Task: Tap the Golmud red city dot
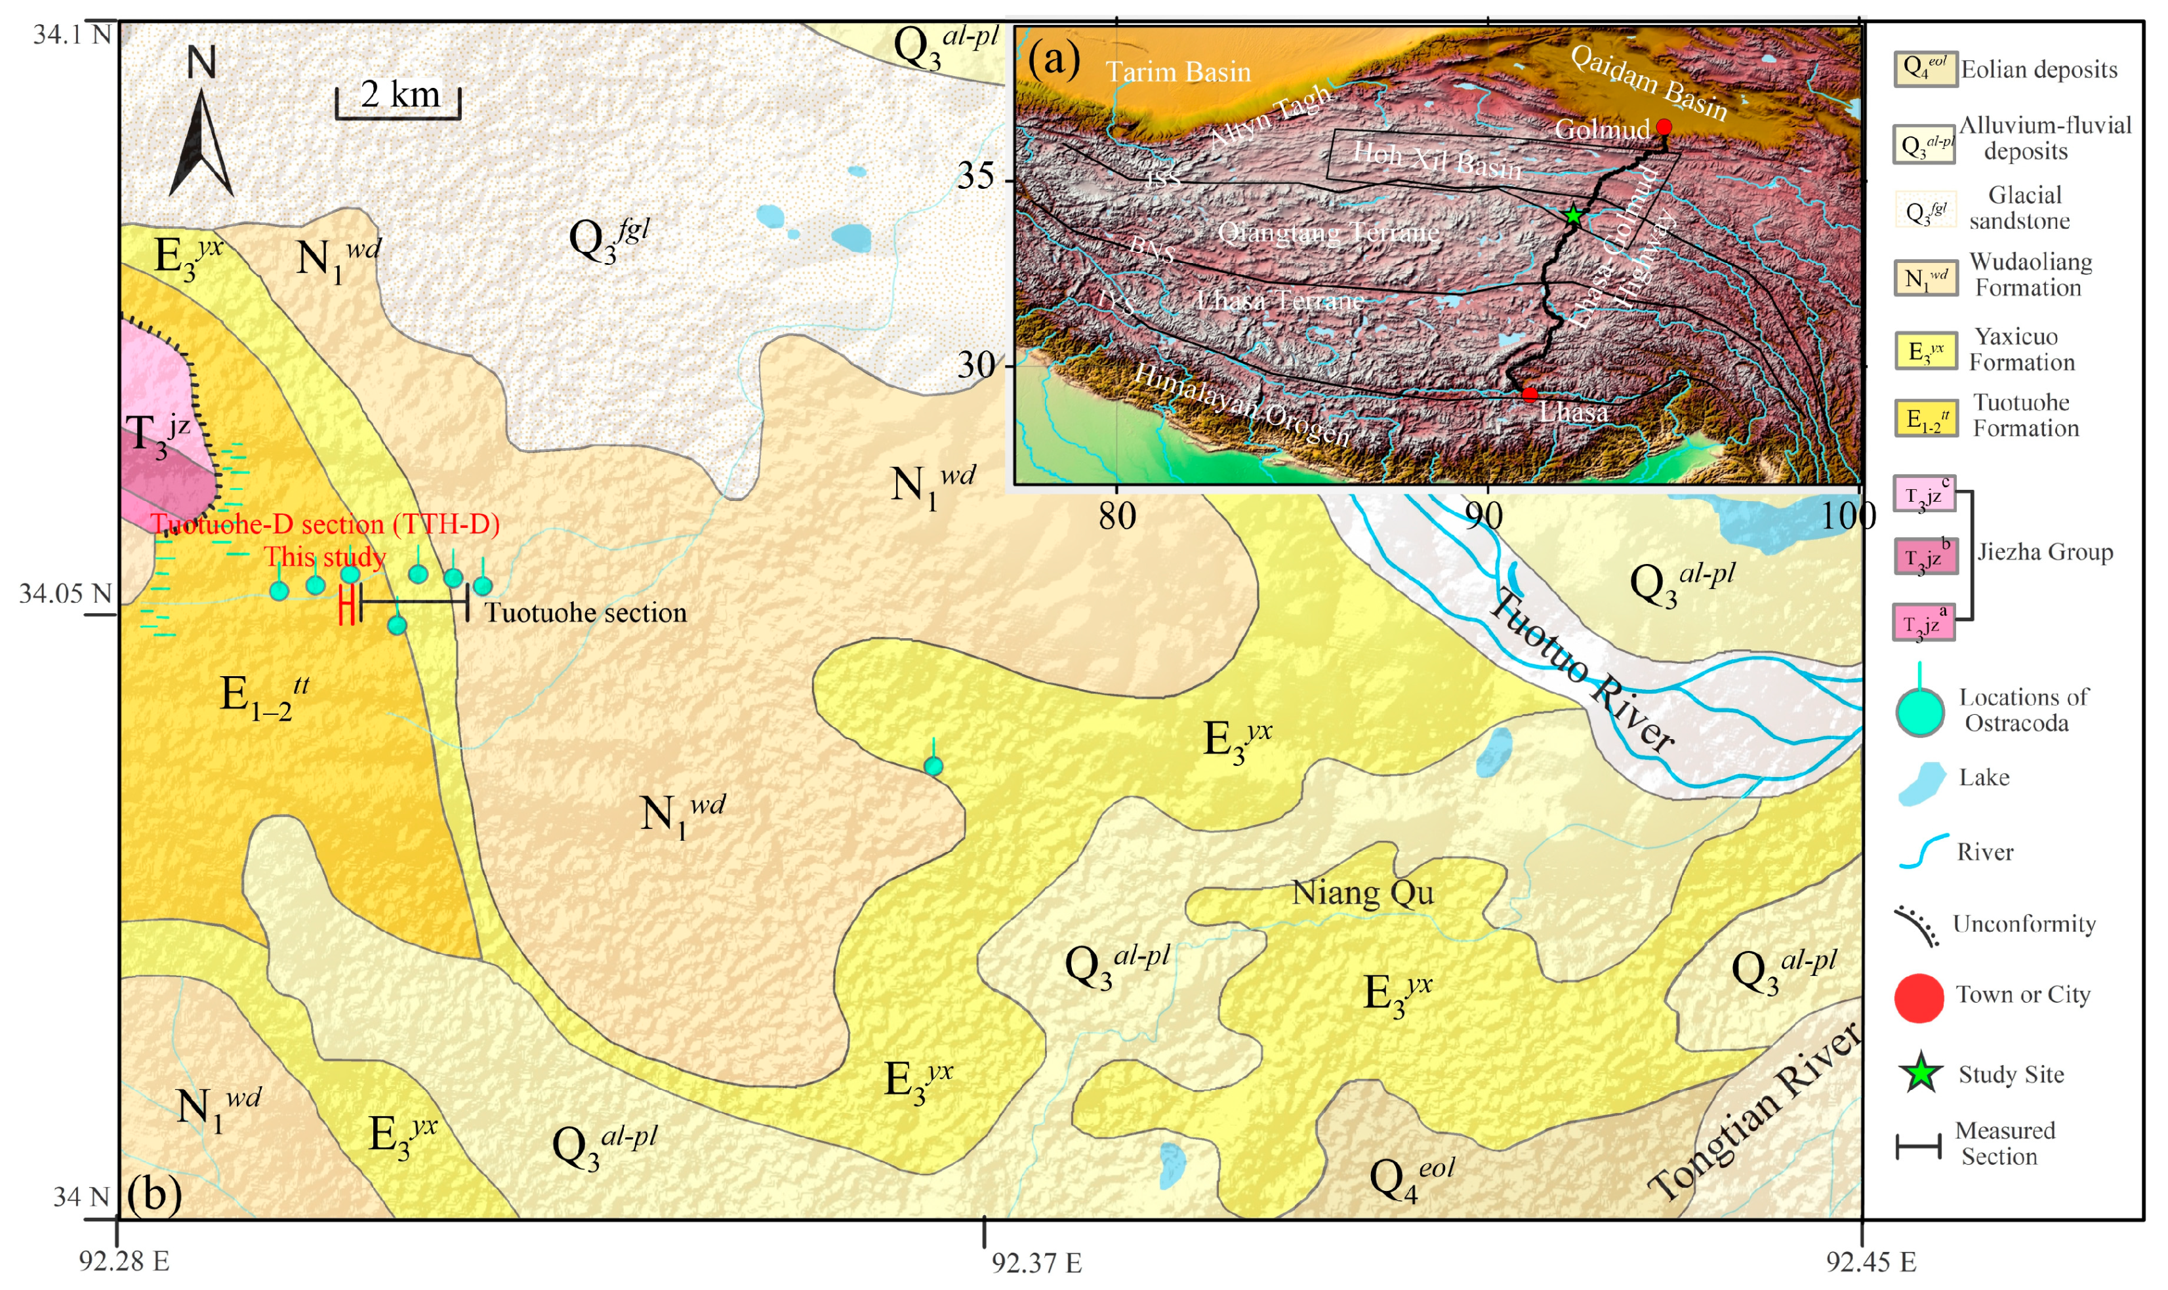(x=1663, y=127)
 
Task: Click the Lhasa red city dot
(x=1529, y=395)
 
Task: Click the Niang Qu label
(x=1362, y=893)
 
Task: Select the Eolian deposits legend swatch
(x=1925, y=69)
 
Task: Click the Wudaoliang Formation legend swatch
(x=1925, y=278)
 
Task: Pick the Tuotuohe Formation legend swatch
(x=1925, y=419)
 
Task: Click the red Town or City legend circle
(x=1919, y=997)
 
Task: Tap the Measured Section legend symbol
(x=1917, y=1146)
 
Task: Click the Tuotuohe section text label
(x=585, y=613)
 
